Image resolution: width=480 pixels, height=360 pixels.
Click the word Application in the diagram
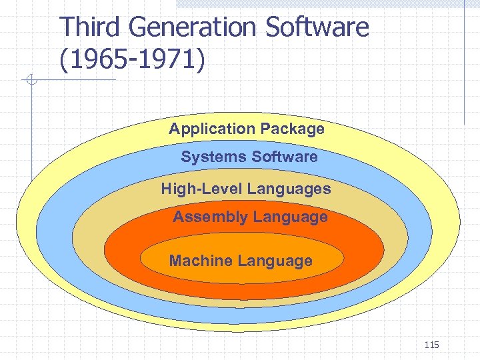pos(212,129)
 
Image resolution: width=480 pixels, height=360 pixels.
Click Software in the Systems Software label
pos(284,157)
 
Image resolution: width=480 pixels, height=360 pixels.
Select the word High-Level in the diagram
pos(201,189)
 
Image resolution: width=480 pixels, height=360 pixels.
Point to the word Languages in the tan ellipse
pos(289,189)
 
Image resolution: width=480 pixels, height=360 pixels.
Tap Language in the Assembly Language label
pos(291,217)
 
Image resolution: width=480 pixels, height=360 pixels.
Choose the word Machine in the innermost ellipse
pos(197,261)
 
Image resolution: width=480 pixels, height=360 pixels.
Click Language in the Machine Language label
pos(276,261)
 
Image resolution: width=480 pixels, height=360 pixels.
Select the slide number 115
pos(431,345)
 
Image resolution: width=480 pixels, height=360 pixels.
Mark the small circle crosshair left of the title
pos(31,81)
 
